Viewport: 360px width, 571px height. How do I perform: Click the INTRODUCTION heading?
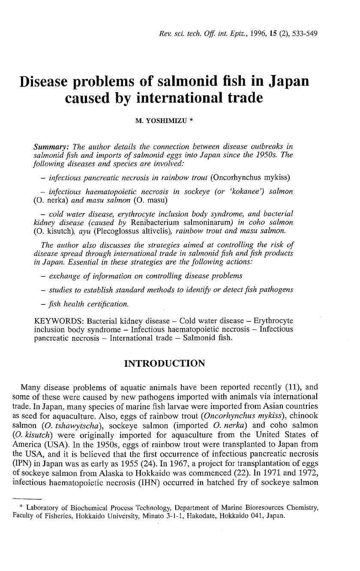tap(165, 364)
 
